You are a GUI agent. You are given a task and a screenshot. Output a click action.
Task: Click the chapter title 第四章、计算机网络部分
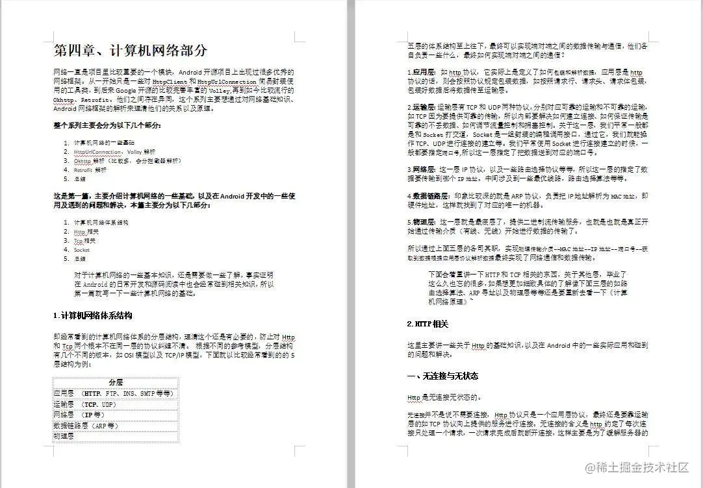(131, 51)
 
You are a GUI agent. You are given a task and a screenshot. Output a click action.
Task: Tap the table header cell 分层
(116, 382)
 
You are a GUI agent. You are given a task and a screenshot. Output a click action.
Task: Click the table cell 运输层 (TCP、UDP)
(85, 404)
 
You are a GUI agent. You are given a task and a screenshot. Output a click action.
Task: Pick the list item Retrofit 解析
(90, 169)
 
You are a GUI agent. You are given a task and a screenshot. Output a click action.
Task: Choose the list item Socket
(82, 249)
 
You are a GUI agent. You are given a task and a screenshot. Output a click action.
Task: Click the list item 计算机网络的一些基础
(105, 142)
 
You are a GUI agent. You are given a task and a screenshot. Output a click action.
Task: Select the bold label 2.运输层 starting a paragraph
(422, 106)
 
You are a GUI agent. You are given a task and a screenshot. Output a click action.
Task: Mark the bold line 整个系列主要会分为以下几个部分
(107, 125)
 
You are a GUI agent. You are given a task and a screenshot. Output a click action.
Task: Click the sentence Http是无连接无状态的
(444, 397)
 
